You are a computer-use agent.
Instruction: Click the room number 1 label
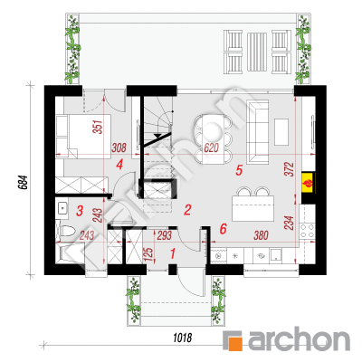click(173, 253)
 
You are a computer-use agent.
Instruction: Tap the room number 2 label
click(187, 210)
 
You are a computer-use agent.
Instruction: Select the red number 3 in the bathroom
click(80, 211)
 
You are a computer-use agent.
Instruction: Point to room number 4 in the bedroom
click(119, 165)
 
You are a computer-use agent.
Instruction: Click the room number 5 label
click(239, 171)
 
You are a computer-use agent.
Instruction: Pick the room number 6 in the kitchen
click(223, 229)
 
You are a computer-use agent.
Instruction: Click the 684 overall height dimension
click(24, 182)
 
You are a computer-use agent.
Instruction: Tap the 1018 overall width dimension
click(183, 338)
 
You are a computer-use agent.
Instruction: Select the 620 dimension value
click(211, 148)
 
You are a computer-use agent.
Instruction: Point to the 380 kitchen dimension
click(261, 235)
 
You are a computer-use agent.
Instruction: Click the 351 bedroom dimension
click(99, 127)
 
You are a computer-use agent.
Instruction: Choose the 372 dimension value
click(289, 169)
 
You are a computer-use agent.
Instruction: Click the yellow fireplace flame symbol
click(308, 184)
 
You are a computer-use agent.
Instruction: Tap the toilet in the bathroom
click(65, 232)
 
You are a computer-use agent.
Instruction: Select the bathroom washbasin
click(62, 208)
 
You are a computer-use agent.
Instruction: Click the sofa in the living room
click(258, 132)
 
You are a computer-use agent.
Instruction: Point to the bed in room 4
click(83, 137)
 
